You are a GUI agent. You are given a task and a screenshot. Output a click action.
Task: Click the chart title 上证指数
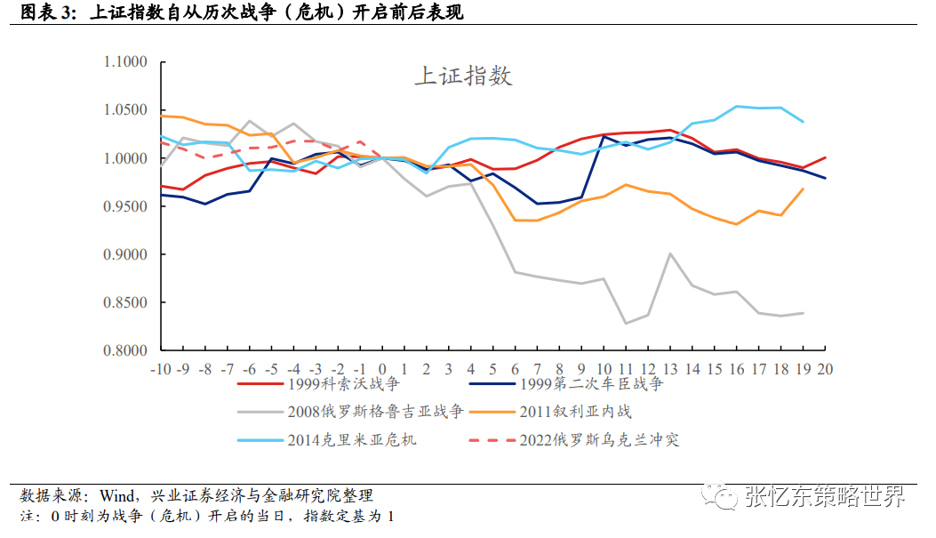click(x=463, y=76)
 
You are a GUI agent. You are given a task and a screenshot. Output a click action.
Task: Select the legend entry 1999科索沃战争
click(x=334, y=384)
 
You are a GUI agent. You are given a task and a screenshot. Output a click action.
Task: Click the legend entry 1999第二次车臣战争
click(x=590, y=384)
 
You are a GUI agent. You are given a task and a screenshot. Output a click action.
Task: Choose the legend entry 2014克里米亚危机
click(x=351, y=439)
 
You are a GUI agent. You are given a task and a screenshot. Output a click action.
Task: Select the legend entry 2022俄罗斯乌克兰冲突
click(x=599, y=439)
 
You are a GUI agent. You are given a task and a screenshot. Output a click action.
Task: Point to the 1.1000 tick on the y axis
click(x=124, y=62)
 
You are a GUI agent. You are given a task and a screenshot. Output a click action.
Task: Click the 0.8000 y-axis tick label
click(x=124, y=350)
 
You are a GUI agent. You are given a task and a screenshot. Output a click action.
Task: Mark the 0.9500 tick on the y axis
click(x=124, y=206)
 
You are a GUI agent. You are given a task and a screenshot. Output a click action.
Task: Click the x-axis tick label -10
click(x=161, y=367)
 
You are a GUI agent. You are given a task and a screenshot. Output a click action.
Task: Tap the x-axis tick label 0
click(x=382, y=367)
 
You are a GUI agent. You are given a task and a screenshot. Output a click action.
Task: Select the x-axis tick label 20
click(x=825, y=367)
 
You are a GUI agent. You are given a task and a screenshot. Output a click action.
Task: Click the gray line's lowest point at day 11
click(x=626, y=323)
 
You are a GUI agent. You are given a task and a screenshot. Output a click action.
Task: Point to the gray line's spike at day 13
click(x=670, y=253)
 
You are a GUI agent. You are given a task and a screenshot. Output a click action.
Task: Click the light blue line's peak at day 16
click(x=736, y=106)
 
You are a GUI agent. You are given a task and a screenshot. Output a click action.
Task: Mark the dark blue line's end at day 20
click(x=825, y=178)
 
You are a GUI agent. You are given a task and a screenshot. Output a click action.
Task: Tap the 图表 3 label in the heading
click(x=38, y=13)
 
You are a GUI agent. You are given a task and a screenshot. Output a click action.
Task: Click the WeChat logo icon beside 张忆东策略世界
click(x=721, y=495)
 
